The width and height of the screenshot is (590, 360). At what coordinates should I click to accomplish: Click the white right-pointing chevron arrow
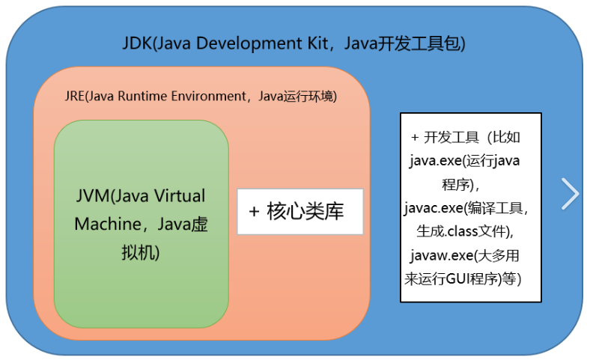pyautogui.click(x=571, y=193)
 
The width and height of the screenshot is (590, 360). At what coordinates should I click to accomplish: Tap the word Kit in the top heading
pyautogui.click(x=313, y=43)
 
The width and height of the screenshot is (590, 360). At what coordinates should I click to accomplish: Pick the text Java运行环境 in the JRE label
pyautogui.click(x=295, y=97)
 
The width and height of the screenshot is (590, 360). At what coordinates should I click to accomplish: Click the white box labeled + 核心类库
pyautogui.click(x=299, y=212)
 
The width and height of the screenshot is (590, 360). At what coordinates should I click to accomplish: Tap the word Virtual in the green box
pyautogui.click(x=177, y=197)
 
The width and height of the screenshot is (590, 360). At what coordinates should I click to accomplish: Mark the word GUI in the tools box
pyautogui.click(x=459, y=278)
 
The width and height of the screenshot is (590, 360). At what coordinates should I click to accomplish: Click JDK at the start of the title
pyautogui.click(x=136, y=43)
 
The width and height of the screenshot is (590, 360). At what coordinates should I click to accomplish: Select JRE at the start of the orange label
pyautogui.click(x=76, y=97)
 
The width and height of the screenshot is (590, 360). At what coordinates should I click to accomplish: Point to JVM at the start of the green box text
pyautogui.click(x=91, y=197)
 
